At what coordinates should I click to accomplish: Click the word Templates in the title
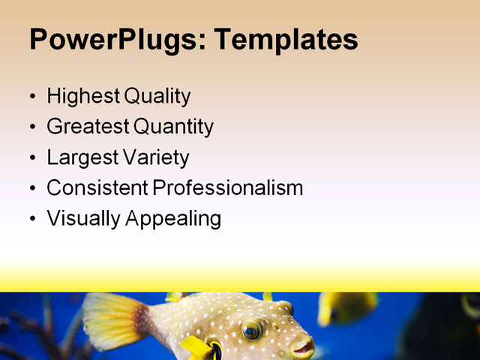tap(286, 39)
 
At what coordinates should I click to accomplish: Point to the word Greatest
tap(86, 127)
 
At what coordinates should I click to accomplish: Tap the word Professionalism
tap(228, 188)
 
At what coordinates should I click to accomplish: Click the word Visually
tap(81, 219)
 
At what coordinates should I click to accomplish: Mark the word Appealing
tap(172, 219)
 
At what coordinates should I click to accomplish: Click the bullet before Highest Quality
tap(31, 97)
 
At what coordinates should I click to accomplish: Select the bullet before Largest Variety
tap(31, 158)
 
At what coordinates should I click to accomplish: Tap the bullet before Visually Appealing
tap(31, 219)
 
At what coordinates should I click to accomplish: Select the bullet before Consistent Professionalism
tap(31, 189)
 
